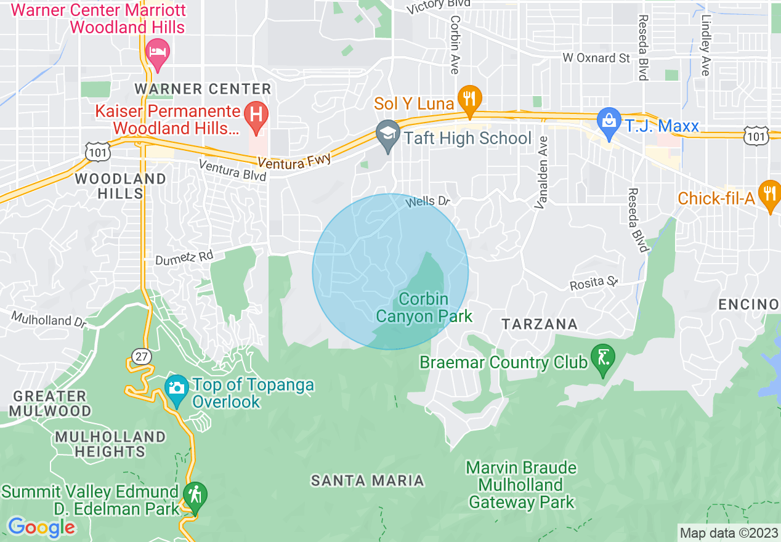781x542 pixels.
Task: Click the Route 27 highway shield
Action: (x=140, y=355)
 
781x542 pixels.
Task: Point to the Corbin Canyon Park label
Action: (x=424, y=307)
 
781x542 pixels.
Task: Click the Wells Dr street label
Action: (x=428, y=201)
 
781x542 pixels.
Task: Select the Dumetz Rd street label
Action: (x=184, y=260)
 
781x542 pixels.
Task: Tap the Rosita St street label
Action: (x=594, y=283)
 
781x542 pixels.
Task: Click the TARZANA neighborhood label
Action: (x=539, y=324)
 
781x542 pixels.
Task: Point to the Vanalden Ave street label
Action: (x=541, y=172)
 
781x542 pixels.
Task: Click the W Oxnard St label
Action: (x=596, y=57)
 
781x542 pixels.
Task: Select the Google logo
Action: (x=41, y=527)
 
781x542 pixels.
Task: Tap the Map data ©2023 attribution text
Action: (x=728, y=533)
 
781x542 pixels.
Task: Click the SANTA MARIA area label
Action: (x=368, y=480)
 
